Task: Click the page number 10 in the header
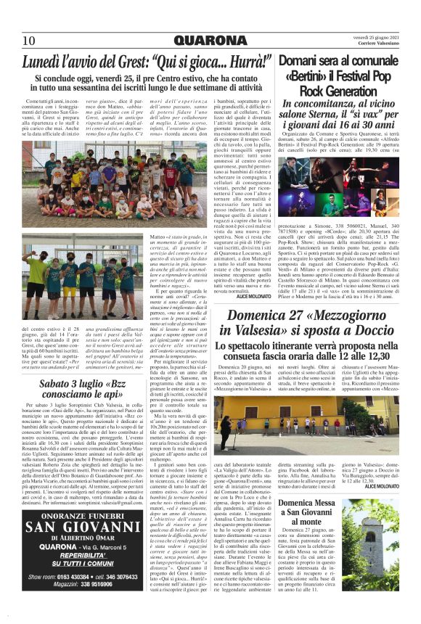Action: pyautogui.click(x=28, y=40)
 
